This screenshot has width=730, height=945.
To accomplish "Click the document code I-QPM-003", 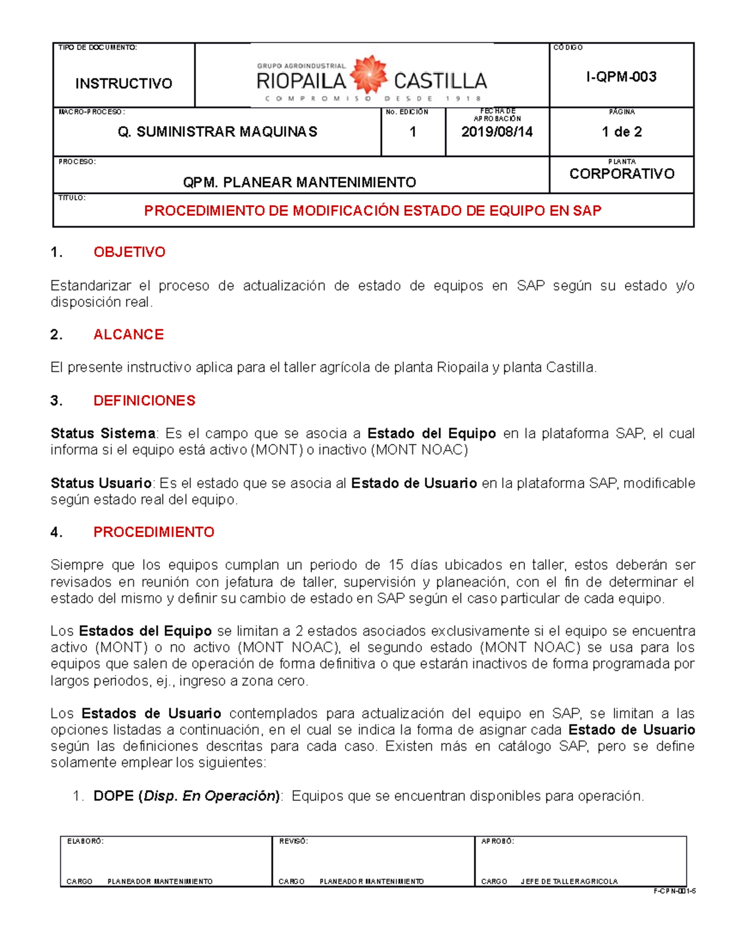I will pyautogui.click(x=621, y=77).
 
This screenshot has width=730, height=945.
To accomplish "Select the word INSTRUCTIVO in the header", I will pyautogui.click(x=123, y=83).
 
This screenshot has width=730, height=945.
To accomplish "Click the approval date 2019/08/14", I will pyautogui.click(x=496, y=131).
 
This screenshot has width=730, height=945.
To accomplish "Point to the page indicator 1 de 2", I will pyautogui.click(x=621, y=131).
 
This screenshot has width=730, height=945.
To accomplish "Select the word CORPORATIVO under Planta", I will pyautogui.click(x=622, y=174).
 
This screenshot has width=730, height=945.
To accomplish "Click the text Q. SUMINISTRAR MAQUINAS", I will pyautogui.click(x=217, y=132).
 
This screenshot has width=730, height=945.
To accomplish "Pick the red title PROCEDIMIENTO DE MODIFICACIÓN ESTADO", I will pyautogui.click(x=372, y=211).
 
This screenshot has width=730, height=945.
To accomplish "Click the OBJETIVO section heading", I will pyautogui.click(x=129, y=252).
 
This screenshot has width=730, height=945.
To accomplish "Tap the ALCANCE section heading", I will pyautogui.click(x=128, y=335).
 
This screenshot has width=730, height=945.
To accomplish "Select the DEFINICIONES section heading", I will pyautogui.click(x=144, y=400).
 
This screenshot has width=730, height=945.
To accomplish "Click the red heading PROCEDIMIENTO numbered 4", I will pyautogui.click(x=153, y=532).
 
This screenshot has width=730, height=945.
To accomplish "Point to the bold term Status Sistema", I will pyautogui.click(x=103, y=433).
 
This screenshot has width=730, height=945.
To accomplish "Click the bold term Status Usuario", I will pyautogui.click(x=101, y=483).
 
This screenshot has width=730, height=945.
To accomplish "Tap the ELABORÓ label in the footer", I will pyautogui.click(x=85, y=841).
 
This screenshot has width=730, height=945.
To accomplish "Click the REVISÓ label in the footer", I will pyautogui.click(x=293, y=841).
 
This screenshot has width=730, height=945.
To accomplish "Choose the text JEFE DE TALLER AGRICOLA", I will pyautogui.click(x=569, y=881).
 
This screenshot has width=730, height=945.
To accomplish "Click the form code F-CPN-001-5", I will pyautogui.click(x=674, y=891).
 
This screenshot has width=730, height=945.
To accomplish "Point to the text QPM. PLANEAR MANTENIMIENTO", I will pyautogui.click(x=299, y=182).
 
